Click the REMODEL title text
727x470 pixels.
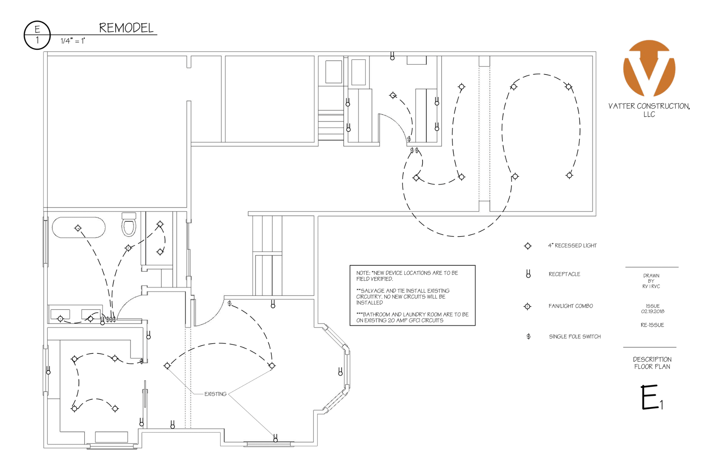126,28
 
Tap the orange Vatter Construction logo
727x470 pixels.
649,68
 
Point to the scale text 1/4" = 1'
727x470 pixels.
73,41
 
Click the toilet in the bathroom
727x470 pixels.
129,225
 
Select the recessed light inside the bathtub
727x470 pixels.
78,228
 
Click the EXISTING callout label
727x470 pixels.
215,394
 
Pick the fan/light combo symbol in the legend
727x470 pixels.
527,307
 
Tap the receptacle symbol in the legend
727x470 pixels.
528,274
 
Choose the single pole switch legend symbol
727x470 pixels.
529,337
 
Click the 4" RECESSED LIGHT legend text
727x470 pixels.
573,246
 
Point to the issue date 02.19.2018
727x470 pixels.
653,311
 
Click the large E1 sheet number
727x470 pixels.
652,397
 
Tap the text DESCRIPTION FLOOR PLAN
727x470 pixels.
652,363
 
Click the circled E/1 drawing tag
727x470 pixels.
37,35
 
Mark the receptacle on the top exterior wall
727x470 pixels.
392,56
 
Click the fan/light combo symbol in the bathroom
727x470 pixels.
128,248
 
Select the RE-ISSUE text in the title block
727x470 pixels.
652,325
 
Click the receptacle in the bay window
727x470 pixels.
341,372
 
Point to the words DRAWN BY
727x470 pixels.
651,278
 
